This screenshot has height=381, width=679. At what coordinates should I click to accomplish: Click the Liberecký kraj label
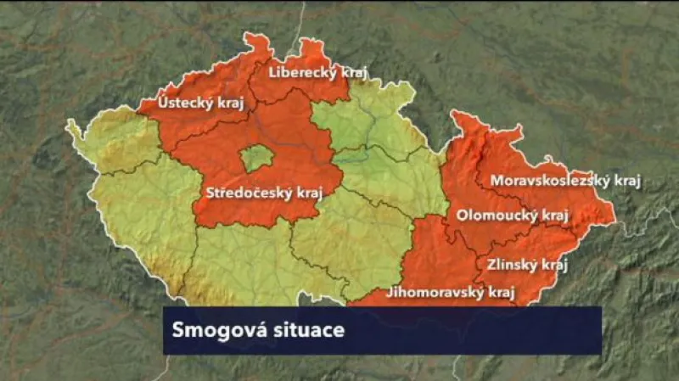coord(317,73)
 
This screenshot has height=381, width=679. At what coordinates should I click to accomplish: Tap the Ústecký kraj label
coord(190,104)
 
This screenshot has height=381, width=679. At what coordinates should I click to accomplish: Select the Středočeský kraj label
coord(261,193)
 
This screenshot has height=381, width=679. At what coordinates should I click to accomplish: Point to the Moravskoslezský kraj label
coord(565,181)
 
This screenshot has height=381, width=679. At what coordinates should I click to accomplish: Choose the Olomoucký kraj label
coord(512,216)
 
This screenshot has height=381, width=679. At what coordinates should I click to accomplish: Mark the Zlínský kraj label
coord(526,264)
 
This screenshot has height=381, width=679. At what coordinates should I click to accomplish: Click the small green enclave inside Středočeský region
coord(256,158)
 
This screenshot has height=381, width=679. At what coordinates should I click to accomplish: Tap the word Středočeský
coord(247,193)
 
